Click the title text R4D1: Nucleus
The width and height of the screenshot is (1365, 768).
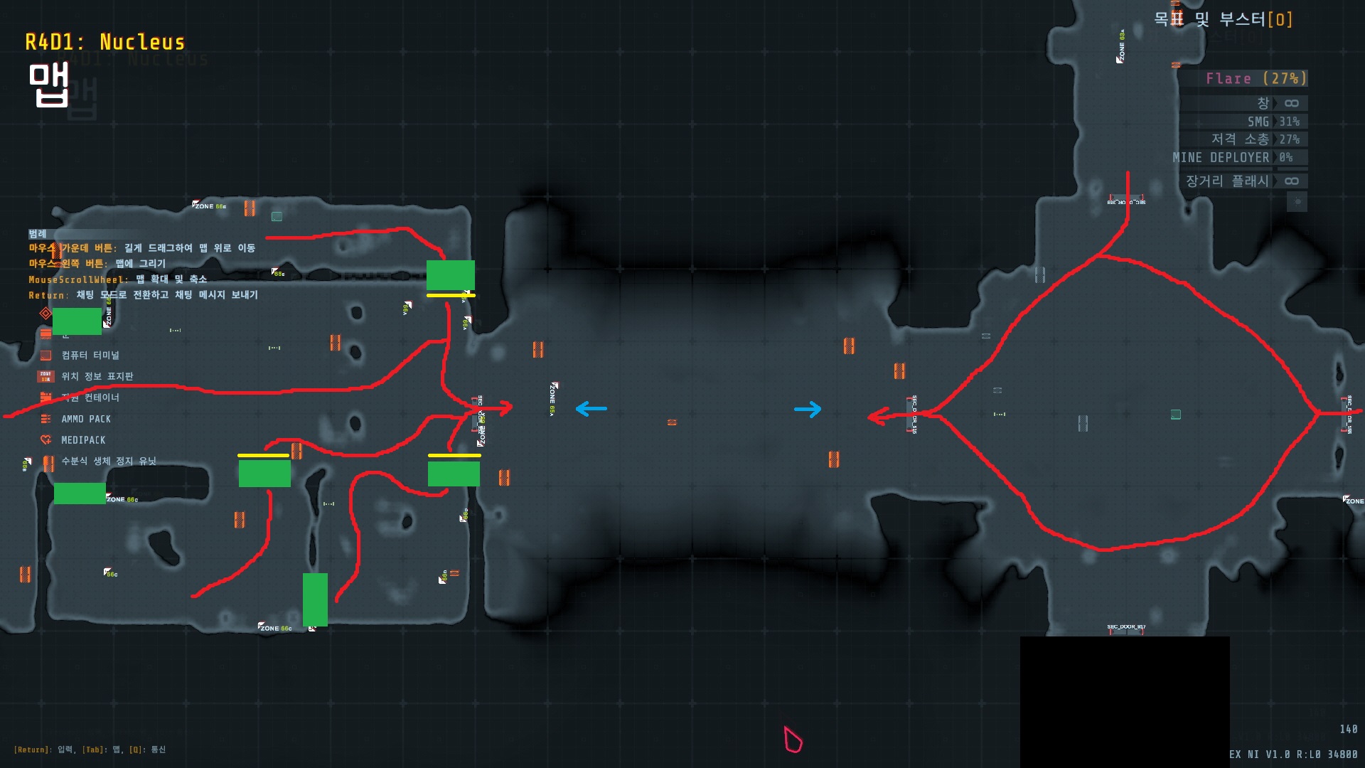[105, 43]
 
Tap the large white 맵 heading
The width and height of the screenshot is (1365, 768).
[48, 84]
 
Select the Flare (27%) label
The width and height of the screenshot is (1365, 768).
[1256, 78]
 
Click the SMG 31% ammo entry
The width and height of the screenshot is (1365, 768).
[1273, 122]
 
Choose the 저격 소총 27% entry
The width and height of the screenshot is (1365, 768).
[1255, 139]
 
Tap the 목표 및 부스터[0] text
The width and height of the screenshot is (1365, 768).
[1223, 19]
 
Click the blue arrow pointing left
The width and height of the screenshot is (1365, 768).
[591, 409]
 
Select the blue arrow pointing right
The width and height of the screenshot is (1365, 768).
[808, 409]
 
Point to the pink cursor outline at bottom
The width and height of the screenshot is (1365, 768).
[793, 740]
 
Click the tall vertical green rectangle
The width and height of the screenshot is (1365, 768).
[315, 599]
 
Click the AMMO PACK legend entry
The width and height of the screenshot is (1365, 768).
[85, 419]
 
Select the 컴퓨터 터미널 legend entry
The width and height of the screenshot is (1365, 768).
[90, 355]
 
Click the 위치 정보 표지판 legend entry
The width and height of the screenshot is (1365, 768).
[97, 376]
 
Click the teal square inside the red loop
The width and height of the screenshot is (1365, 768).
[1176, 415]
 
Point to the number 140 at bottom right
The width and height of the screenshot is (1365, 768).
[1348, 729]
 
